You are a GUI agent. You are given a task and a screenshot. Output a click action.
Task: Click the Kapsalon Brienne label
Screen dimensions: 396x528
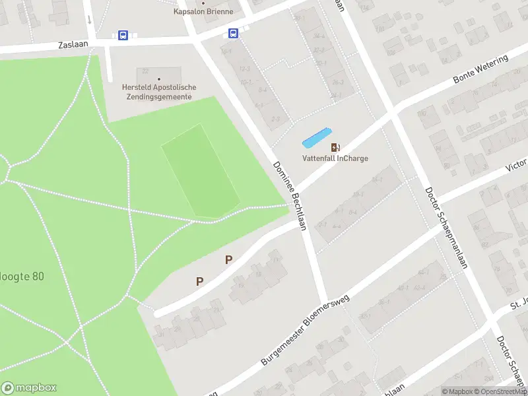pyautogui.click(x=203, y=12)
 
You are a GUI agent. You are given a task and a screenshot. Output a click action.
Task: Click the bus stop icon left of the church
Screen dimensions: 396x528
pyautogui.click(x=123, y=36)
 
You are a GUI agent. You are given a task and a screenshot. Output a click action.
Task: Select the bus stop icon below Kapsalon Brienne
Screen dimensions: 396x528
pyautogui.click(x=233, y=33)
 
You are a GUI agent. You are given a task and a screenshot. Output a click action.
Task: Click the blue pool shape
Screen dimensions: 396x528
pyautogui.click(x=316, y=137)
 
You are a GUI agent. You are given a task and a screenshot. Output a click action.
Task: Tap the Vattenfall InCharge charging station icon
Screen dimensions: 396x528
pyautogui.click(x=335, y=147)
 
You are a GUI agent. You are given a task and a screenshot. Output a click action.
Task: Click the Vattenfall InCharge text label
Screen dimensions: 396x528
pyautogui.click(x=335, y=158)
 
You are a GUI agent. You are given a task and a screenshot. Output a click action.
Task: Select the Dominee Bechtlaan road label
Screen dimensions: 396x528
pyautogui.click(x=290, y=195)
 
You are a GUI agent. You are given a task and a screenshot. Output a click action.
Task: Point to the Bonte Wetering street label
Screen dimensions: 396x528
pyautogui.click(x=481, y=69)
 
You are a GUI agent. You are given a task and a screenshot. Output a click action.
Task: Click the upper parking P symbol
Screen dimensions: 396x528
pyautogui.click(x=228, y=259)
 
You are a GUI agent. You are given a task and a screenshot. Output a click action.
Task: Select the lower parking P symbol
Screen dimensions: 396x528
pyautogui.click(x=199, y=281)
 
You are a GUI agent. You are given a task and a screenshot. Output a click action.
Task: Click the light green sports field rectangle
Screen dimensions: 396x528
pyautogui.click(x=200, y=171)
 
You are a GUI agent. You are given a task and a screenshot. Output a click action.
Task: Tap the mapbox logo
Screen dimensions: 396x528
pyautogui.click(x=29, y=388)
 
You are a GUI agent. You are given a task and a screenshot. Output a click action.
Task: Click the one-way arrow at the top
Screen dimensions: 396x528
pyautogui.click(x=88, y=18)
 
